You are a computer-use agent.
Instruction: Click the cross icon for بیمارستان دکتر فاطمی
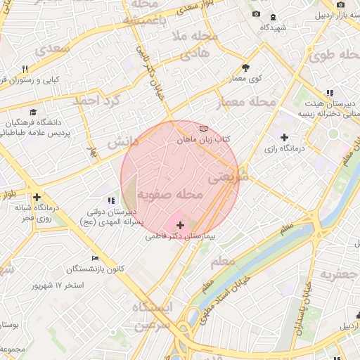pos(181,225)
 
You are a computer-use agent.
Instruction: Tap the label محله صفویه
pos(170,193)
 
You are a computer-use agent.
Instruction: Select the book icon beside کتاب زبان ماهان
pos(204,129)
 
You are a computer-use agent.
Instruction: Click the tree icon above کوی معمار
pos(245,67)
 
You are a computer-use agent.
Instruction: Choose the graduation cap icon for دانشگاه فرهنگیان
pos(33,112)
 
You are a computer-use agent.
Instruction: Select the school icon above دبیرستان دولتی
pos(110,201)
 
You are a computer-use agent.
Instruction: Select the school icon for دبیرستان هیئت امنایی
pos(329,93)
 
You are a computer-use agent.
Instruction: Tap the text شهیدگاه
pos(273,27)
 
